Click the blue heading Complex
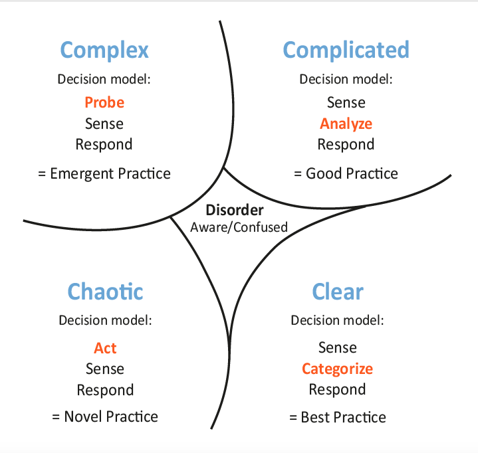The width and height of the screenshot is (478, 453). pyautogui.click(x=104, y=50)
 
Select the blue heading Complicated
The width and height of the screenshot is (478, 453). pyautogui.click(x=346, y=50)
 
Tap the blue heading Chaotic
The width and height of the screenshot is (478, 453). pyautogui.click(x=105, y=292)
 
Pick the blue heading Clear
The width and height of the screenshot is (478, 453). pyautogui.click(x=338, y=292)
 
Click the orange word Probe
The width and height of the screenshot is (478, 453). pyautogui.click(x=104, y=102)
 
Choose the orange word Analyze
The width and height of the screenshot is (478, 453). pyautogui.click(x=346, y=124)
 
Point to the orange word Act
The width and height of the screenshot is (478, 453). pyautogui.click(x=105, y=348)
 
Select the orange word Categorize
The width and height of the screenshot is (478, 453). pyautogui.click(x=338, y=369)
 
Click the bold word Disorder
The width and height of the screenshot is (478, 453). pyautogui.click(x=235, y=210)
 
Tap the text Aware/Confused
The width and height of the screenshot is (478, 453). pyautogui.click(x=239, y=227)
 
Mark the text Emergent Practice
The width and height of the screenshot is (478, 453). pyautogui.click(x=110, y=173)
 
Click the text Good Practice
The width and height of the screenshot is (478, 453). pyautogui.click(x=352, y=173)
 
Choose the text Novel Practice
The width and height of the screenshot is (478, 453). pyautogui.click(x=111, y=416)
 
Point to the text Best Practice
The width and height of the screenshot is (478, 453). pyautogui.click(x=343, y=417)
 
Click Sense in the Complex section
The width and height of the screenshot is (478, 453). pyautogui.click(x=104, y=124)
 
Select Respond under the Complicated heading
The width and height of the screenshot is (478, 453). pyautogui.click(x=346, y=144)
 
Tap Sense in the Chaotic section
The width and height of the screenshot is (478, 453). pyautogui.click(x=105, y=369)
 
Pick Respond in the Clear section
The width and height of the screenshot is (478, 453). pyautogui.click(x=338, y=390)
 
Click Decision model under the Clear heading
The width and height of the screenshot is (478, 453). pyautogui.click(x=337, y=320)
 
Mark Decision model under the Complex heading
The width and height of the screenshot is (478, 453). pyautogui.click(x=104, y=79)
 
